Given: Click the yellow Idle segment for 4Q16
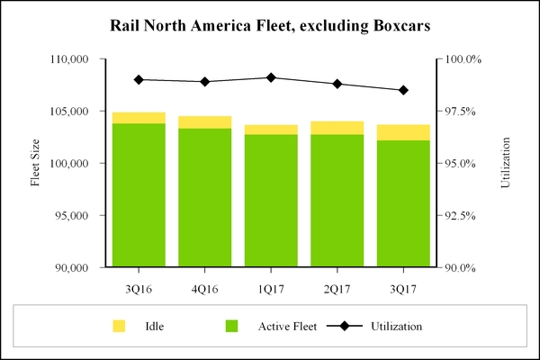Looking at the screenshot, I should point(204,122).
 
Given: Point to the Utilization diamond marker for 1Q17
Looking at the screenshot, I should point(271,77).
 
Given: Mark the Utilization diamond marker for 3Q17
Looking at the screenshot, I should point(403,90).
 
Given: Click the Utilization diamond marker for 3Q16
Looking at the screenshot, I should point(139,79).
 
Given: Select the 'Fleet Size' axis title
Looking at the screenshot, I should point(36,163).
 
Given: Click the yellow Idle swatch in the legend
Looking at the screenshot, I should point(119,325).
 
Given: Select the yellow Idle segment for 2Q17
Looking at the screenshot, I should point(337,128).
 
